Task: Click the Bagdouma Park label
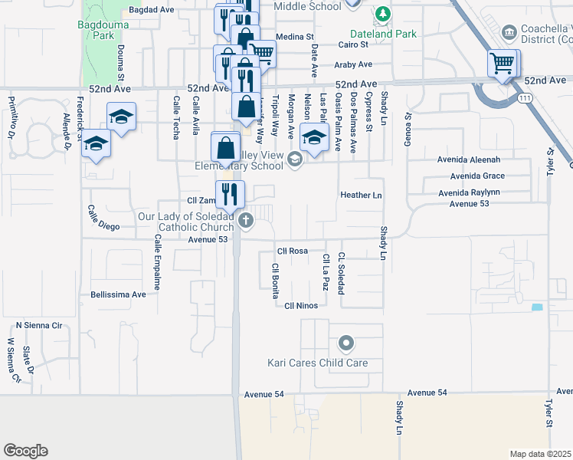point(97,30)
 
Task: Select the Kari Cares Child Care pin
point(345,343)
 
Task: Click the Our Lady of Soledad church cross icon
point(247,222)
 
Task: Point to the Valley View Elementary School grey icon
point(295,159)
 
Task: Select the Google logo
point(25,450)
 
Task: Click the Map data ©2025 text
point(541,454)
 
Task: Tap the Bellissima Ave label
point(118,294)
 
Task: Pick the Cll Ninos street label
point(300,305)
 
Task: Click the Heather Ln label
point(361,195)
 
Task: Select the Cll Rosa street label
point(292,250)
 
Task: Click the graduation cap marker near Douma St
point(121,116)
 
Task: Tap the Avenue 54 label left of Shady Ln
point(264,393)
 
